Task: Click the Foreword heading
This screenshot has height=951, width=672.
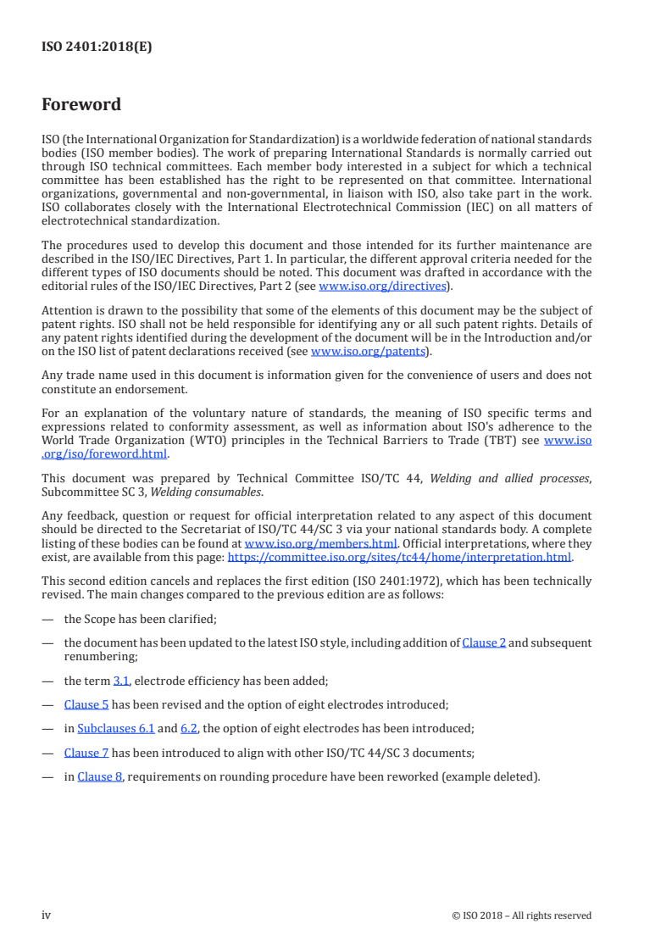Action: coord(81,105)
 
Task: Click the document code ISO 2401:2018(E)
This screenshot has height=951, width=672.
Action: coord(97,47)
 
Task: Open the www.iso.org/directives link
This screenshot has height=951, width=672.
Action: coord(382,286)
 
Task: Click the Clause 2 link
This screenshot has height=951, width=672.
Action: coord(484,642)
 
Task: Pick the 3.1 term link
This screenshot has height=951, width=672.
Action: coord(121,680)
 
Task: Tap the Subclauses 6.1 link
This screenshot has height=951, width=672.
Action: coord(115,727)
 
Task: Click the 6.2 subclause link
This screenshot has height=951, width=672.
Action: coord(189,727)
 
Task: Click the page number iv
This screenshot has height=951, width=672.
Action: coord(47,915)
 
